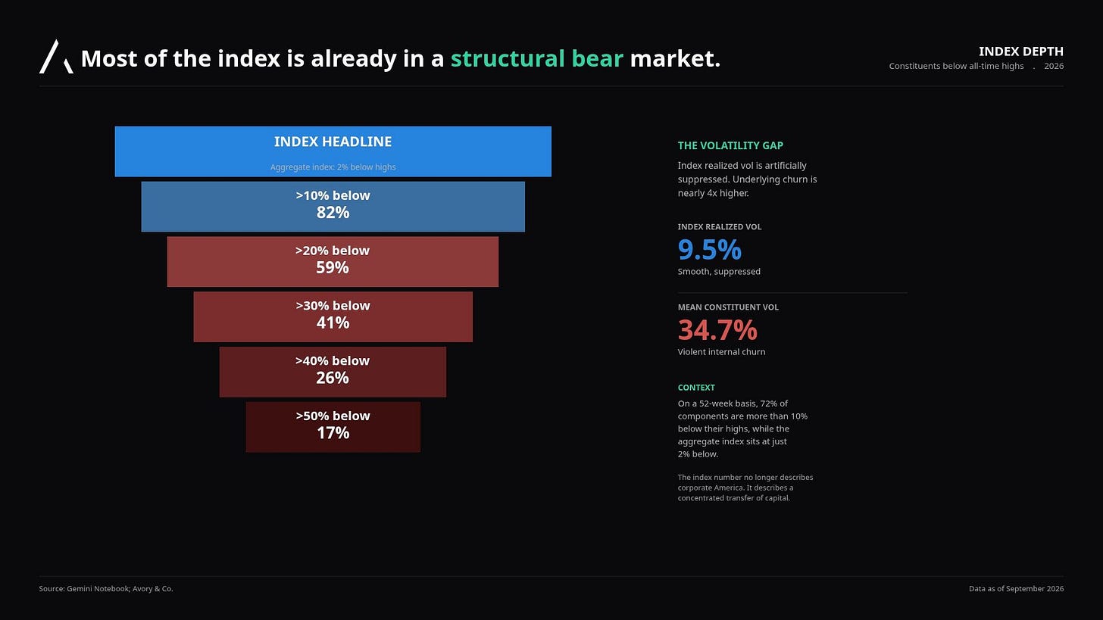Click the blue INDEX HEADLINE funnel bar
[x=333, y=151]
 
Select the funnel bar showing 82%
[x=333, y=207]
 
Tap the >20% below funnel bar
[x=333, y=262]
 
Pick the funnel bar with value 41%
[x=333, y=317]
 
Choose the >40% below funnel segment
[x=333, y=372]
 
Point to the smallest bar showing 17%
[x=333, y=427]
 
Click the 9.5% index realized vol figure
[x=710, y=250]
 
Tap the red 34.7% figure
[x=717, y=330]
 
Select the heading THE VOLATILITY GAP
[x=730, y=145]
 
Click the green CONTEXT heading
[x=696, y=388]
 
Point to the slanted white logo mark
[x=56, y=57]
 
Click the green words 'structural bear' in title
[x=536, y=59]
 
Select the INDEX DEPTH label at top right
[x=1020, y=51]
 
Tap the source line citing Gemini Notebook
[x=106, y=588]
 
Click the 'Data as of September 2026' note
[x=1017, y=588]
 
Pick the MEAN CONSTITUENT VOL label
[x=728, y=307]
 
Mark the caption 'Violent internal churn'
[x=721, y=352]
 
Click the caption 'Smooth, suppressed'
[x=719, y=272]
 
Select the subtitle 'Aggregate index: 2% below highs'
[x=333, y=167]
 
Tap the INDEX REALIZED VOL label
[x=720, y=227]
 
